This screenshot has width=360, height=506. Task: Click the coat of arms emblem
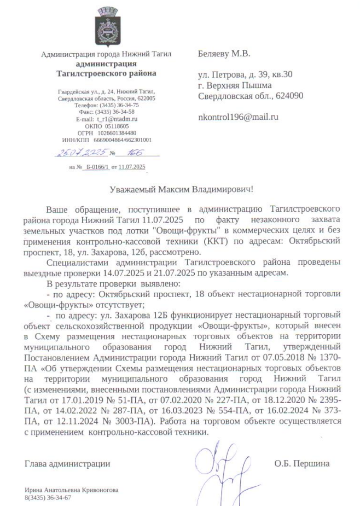106,26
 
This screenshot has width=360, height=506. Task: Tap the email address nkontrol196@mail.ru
238,117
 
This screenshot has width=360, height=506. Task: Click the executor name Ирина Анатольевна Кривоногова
72,490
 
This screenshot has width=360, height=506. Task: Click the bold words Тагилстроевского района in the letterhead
106,72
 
